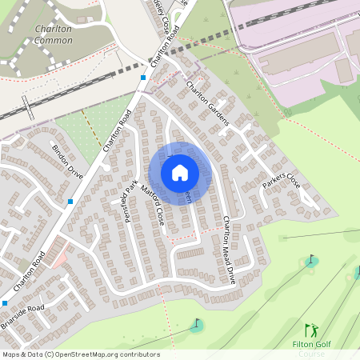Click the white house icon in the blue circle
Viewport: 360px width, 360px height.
pos(180,172)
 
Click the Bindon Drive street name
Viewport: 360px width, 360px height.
pos(67,162)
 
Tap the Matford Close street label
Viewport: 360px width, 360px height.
pos(152,204)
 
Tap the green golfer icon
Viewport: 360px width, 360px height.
pos(310,330)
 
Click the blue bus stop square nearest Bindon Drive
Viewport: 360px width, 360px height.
pos(71,202)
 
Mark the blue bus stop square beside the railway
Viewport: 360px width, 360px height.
pos(143,78)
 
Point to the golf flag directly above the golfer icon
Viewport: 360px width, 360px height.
pos(312,260)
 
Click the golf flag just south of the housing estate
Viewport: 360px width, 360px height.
pos(197,325)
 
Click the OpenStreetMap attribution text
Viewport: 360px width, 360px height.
pos(80,354)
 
